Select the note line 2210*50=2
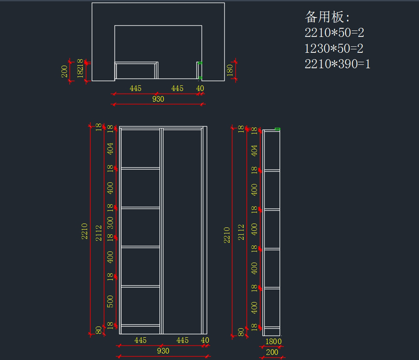(x=334, y=33)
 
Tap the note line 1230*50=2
(x=334, y=49)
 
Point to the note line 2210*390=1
(x=337, y=64)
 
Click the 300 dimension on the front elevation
(x=110, y=222)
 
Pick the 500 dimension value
(x=110, y=301)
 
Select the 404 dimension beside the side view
(x=255, y=150)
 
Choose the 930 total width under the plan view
(x=158, y=99)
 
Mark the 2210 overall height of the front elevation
(x=85, y=231)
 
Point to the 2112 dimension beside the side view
(x=241, y=232)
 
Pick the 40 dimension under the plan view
(x=200, y=89)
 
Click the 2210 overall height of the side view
(x=227, y=235)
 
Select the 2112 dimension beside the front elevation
(x=99, y=233)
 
